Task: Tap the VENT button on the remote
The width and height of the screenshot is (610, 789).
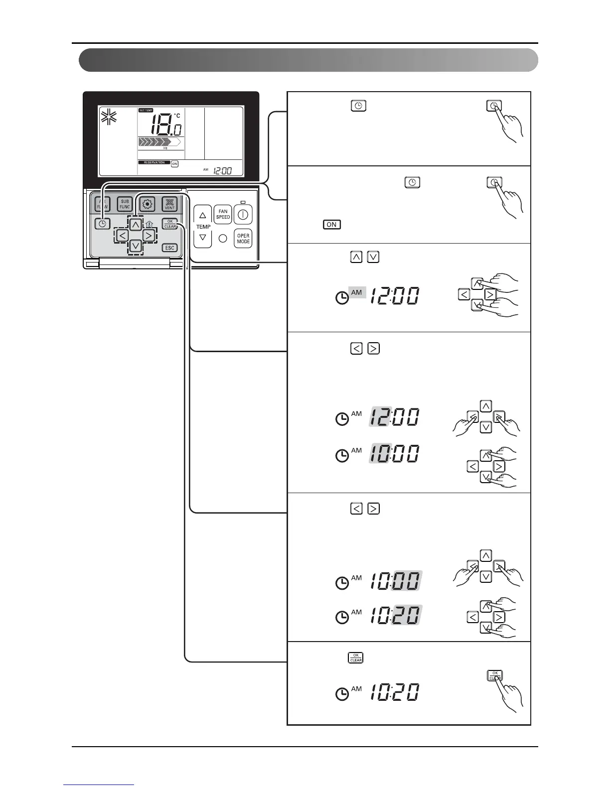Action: tap(170, 204)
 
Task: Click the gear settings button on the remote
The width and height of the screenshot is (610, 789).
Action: tap(148, 204)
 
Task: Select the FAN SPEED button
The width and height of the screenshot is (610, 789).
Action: tap(223, 214)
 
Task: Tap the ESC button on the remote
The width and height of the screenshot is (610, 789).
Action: tap(170, 248)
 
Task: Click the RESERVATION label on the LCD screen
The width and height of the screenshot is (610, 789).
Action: tap(154, 162)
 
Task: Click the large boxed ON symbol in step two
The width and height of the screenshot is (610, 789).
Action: tap(331, 224)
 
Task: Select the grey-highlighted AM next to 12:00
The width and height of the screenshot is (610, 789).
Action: tap(357, 293)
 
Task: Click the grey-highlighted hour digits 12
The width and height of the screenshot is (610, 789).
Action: tap(380, 417)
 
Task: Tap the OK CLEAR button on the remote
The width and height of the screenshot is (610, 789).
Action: tap(170, 224)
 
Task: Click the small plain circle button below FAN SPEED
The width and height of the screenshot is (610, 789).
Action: tap(223, 239)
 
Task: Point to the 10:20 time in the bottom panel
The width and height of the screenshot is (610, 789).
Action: tap(394, 692)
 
